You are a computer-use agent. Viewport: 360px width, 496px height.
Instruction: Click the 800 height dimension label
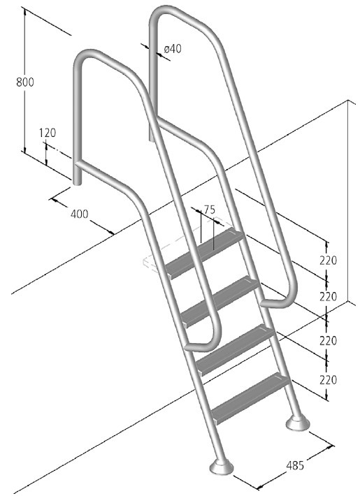[x=25, y=82]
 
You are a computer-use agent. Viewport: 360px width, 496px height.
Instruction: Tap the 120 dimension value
[x=48, y=133]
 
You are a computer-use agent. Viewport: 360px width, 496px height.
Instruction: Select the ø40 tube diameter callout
[x=173, y=49]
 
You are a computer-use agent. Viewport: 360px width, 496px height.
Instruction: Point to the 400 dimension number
[x=79, y=214]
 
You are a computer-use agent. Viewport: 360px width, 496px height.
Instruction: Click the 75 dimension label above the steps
[x=209, y=210]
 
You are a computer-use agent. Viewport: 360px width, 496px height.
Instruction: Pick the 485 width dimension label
[x=295, y=465]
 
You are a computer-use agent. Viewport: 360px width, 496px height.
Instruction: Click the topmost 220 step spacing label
[x=328, y=261]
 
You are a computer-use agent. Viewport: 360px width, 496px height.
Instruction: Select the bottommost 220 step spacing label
[x=328, y=379]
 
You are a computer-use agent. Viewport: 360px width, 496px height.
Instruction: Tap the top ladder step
[x=206, y=253]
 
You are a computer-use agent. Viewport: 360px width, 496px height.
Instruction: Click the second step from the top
[x=221, y=301]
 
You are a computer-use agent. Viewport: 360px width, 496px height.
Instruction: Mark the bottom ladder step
[x=252, y=398]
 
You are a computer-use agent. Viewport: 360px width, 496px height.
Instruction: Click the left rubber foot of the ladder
[x=222, y=467]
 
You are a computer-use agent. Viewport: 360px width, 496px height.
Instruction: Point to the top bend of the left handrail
[x=85, y=56]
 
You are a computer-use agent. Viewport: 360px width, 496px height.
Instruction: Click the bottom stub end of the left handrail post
[x=78, y=182]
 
